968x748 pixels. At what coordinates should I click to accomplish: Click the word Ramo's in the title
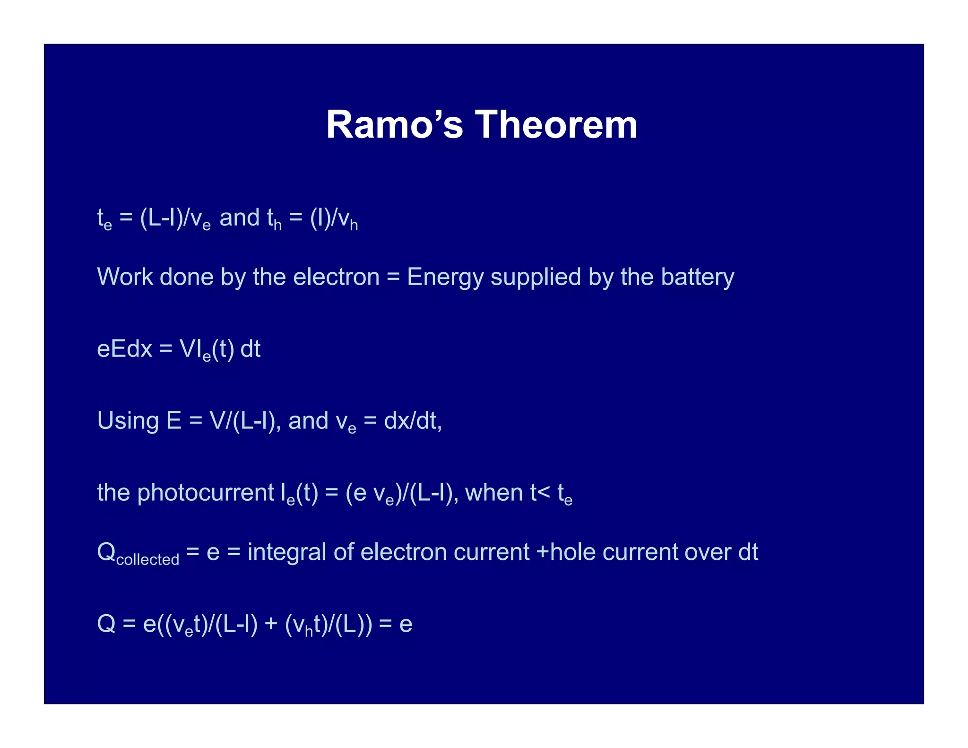coord(394,125)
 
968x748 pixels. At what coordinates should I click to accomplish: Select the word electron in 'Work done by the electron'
coord(336,277)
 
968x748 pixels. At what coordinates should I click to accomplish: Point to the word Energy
coord(445,278)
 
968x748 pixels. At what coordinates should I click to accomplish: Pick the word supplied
coord(536,278)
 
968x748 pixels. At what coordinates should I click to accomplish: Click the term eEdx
coord(124,349)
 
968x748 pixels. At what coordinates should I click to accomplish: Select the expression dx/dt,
coord(413,420)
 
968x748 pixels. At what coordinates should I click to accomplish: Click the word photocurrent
coord(206,493)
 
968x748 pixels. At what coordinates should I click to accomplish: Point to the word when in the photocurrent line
coord(494,492)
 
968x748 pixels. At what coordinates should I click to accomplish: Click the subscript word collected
coord(147,560)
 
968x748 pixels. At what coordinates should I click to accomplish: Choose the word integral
coord(286,552)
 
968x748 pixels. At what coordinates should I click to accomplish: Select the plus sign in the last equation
coord(271,624)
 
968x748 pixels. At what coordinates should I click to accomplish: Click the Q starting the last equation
coord(106,624)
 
